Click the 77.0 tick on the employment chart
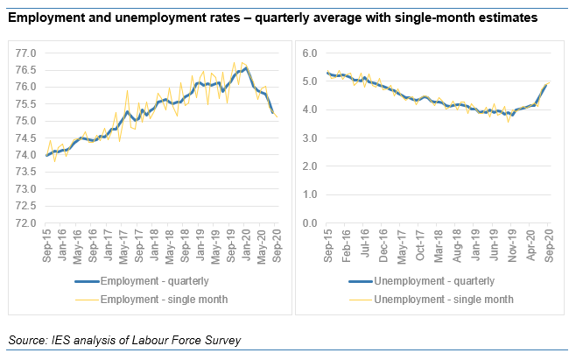point(25,53)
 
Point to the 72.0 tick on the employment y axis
point(25,223)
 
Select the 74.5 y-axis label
point(25,138)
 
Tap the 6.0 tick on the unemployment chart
point(309,53)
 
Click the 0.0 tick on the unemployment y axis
point(309,223)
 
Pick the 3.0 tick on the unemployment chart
point(309,138)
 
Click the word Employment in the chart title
point(46,17)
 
